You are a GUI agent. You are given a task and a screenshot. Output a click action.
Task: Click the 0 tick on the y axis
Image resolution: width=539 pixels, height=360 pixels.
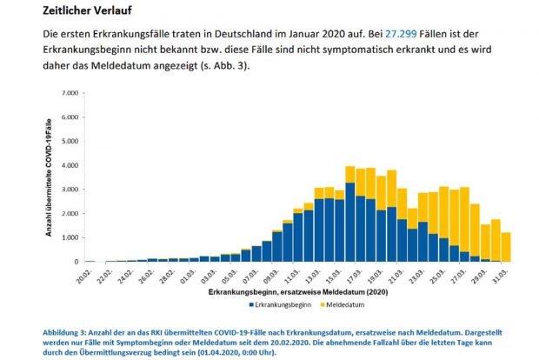75,262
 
